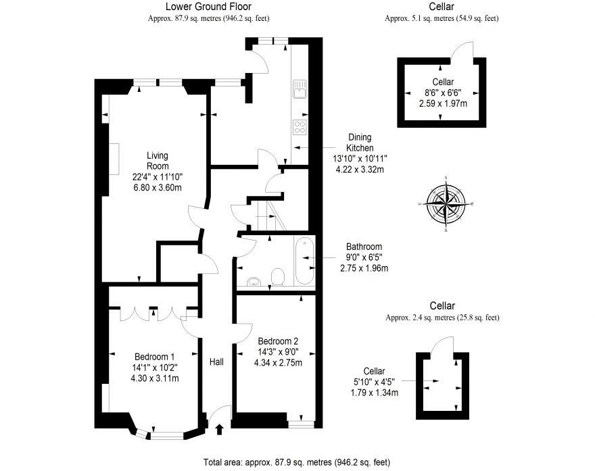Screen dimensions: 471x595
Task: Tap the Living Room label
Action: click(158, 161)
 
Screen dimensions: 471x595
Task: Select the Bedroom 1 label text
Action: click(155, 357)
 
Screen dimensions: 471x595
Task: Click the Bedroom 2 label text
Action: click(278, 341)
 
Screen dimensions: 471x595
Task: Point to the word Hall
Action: click(216, 362)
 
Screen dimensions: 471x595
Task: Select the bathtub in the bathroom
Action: click(304, 262)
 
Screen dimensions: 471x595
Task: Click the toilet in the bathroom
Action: click(277, 276)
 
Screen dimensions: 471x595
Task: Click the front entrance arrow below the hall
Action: click(218, 428)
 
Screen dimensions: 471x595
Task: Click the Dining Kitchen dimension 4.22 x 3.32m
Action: click(360, 169)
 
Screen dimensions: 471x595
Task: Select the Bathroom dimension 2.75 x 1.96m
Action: click(364, 268)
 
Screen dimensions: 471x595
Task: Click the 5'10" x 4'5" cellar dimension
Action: click(374, 382)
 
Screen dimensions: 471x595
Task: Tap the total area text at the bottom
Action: click(297, 462)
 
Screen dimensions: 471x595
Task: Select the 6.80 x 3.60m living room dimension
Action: click(158, 188)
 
